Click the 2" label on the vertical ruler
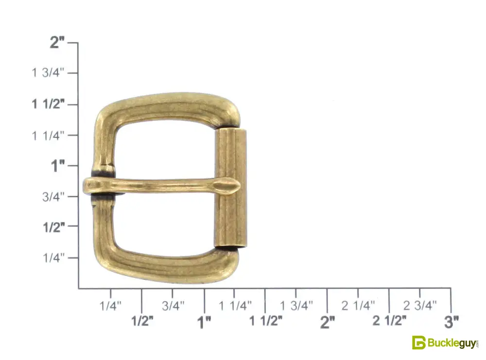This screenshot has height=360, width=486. (57, 42)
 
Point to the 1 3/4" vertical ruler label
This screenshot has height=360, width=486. (48, 73)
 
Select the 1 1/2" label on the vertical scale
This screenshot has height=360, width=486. (48, 104)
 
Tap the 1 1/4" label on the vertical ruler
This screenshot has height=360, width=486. (48, 136)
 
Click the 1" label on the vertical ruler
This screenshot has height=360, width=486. (58, 166)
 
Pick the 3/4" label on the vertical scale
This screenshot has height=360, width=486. (53, 196)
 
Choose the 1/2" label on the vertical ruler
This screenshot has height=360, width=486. (54, 227)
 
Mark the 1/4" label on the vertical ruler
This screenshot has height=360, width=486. (53, 257)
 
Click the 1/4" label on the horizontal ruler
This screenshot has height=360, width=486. (110, 306)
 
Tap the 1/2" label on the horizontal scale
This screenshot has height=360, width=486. (142, 321)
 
